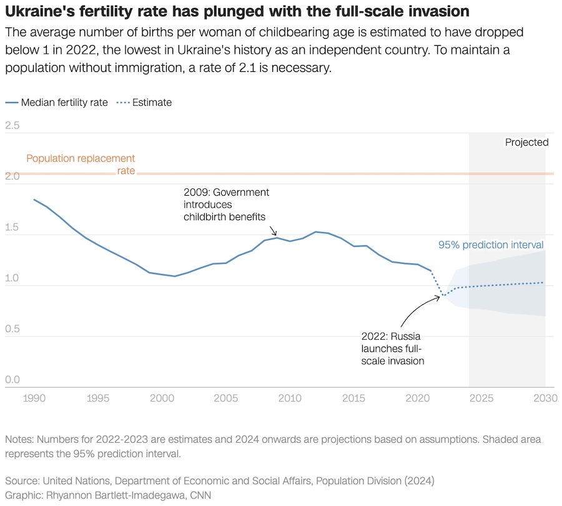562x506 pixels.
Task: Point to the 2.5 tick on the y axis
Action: (x=12, y=126)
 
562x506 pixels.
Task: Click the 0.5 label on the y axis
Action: (x=12, y=329)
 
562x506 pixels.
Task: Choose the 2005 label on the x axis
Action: (x=225, y=398)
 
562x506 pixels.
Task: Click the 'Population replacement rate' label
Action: (x=81, y=164)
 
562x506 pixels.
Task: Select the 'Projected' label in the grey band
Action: (x=526, y=143)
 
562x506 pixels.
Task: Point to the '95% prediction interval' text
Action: (x=490, y=245)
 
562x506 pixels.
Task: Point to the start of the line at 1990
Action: (x=34, y=200)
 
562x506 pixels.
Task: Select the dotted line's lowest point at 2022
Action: (x=443, y=295)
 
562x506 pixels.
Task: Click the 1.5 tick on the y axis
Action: (x=12, y=228)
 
